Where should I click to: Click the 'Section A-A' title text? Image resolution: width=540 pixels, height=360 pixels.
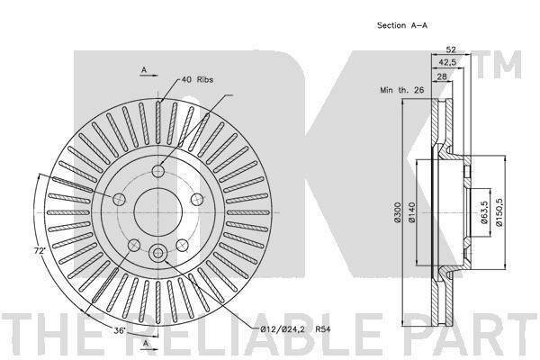[402, 25]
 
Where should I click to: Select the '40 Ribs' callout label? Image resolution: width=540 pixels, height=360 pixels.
[197, 79]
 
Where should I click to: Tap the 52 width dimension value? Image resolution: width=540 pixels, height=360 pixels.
[451, 49]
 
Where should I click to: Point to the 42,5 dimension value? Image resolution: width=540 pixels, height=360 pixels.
[447, 63]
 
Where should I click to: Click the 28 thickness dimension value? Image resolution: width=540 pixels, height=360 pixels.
[442, 76]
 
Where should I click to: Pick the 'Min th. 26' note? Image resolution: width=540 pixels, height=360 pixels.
[402, 90]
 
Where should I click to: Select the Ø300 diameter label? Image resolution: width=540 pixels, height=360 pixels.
[397, 212]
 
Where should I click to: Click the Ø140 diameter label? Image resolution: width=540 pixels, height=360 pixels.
[412, 212]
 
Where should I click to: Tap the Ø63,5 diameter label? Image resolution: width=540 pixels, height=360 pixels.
[484, 212]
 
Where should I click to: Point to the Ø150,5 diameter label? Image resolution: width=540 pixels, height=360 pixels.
[499, 212]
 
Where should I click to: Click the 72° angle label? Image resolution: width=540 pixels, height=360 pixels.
[40, 251]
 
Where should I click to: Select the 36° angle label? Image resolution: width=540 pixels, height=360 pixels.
[120, 330]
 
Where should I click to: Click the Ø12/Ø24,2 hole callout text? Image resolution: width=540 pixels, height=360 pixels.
[283, 329]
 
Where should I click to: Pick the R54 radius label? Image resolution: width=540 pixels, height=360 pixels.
[323, 329]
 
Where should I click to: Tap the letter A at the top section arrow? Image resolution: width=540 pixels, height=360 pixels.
[144, 70]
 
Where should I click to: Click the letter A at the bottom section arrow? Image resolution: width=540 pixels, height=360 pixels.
[146, 343]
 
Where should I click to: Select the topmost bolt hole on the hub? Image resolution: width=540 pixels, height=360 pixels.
[158, 170]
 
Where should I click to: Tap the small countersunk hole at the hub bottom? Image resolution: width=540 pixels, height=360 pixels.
[158, 253]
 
